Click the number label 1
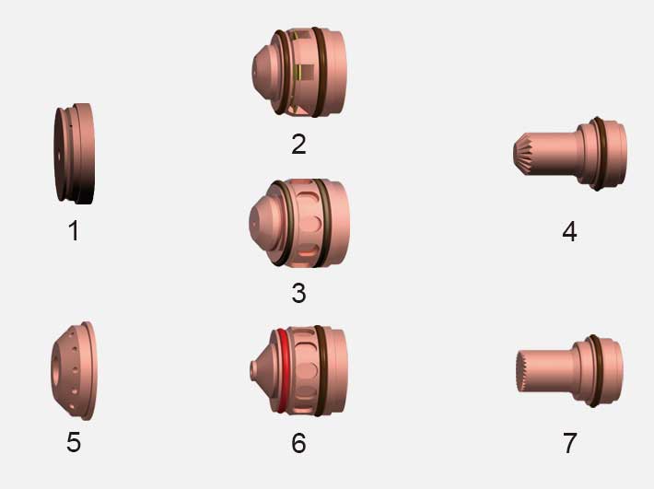tap(74, 230)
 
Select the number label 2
tap(298, 145)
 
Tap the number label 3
tap(298, 293)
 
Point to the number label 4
tap(569, 231)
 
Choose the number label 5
tap(74, 442)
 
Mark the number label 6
tap(298, 443)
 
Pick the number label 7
tap(570, 443)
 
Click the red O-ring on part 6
tap(283, 370)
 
